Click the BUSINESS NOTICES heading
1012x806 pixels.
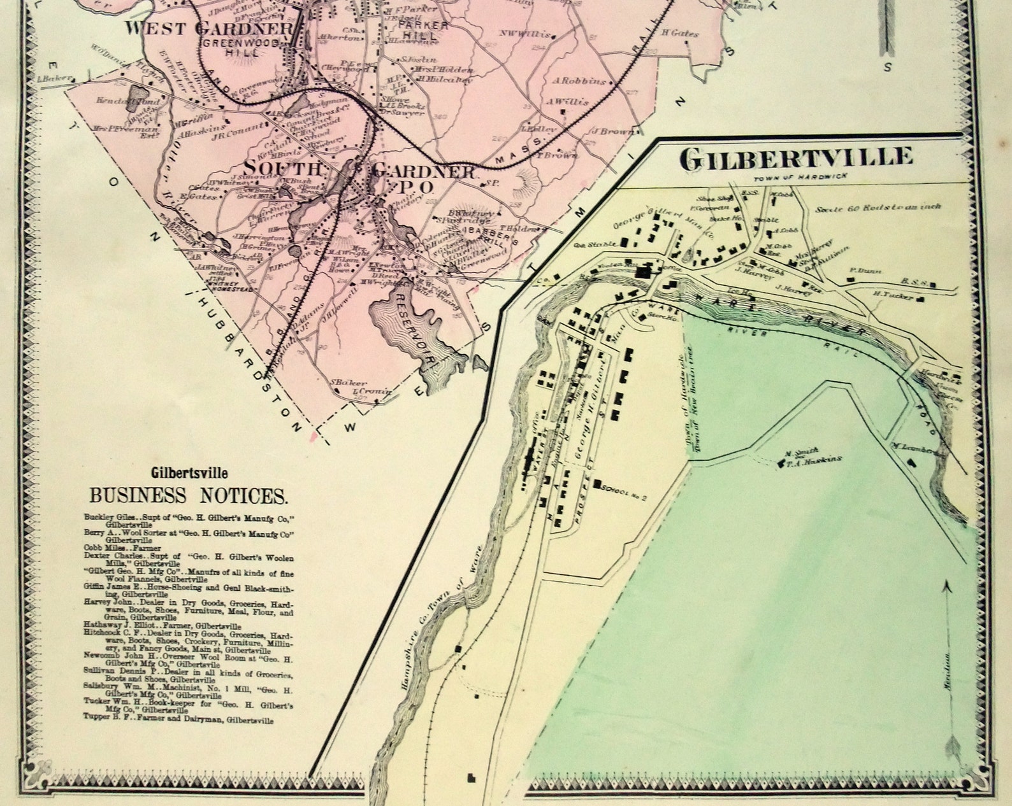[189, 495]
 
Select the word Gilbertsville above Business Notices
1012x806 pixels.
[189, 474]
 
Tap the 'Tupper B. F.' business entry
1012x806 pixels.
[178, 720]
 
